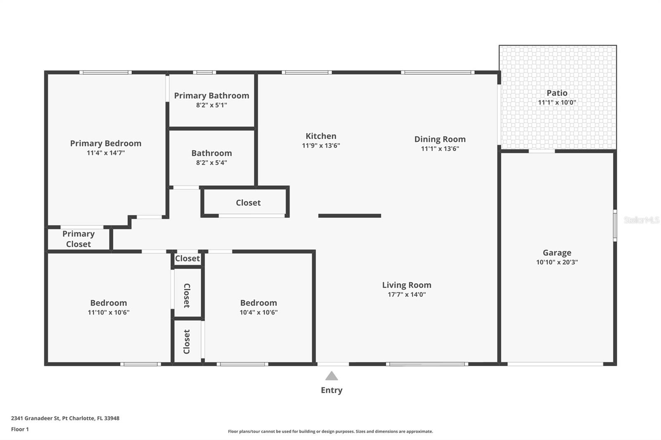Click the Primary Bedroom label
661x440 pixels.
[106, 143]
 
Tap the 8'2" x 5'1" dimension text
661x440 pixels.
[212, 105]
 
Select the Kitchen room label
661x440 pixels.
[321, 136]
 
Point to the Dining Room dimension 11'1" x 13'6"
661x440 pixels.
[440, 149]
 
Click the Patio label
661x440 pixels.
[557, 93]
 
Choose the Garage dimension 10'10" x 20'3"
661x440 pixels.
[557, 262]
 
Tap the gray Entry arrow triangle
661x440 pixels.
[331, 376]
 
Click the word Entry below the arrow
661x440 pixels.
[331, 390]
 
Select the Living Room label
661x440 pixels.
[407, 285]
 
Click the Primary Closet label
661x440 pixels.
[78, 239]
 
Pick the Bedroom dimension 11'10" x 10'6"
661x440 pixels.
[109, 312]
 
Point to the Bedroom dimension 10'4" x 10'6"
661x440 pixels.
[259, 312]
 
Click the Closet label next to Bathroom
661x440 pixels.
[248, 203]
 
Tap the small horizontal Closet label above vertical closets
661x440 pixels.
[187, 258]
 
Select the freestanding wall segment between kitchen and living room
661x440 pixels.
[350, 215]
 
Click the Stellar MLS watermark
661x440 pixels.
[641, 220]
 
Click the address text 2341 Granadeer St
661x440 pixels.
[65, 418]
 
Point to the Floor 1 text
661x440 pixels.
[20, 429]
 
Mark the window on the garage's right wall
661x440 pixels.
[615, 225]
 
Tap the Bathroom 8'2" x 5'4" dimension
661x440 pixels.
[212, 163]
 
